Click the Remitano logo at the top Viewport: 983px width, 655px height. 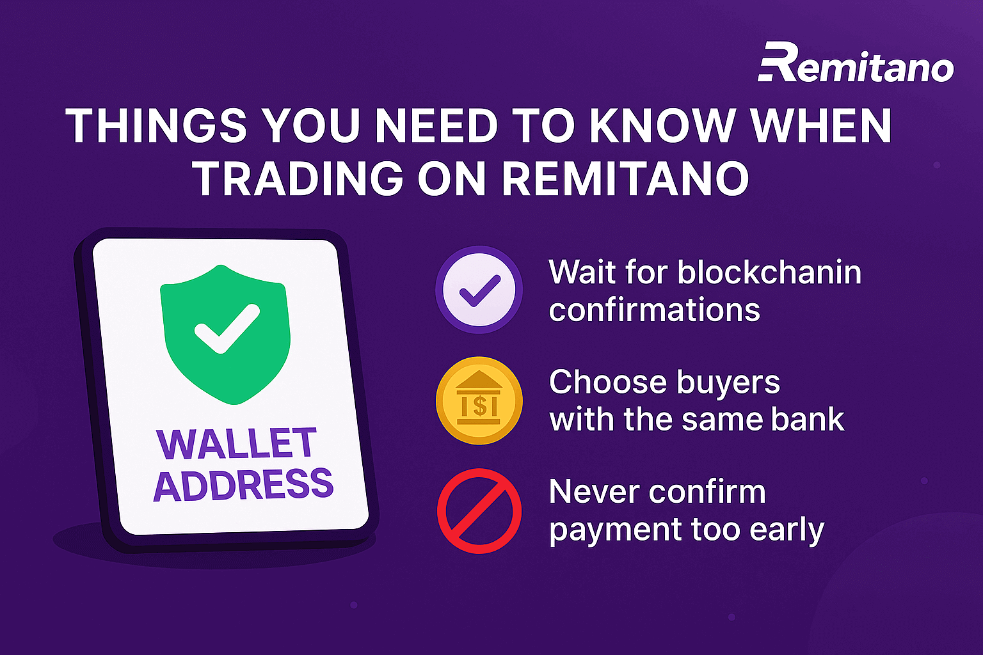click(x=856, y=62)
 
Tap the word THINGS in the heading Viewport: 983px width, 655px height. click(x=156, y=125)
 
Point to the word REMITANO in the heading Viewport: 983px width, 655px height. click(x=626, y=178)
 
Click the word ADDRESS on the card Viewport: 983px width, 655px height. click(x=244, y=484)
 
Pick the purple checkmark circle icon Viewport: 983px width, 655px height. click(x=479, y=290)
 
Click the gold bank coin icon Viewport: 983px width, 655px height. click(x=479, y=400)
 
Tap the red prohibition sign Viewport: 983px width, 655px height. click(x=479, y=511)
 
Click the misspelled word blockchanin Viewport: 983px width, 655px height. click(x=769, y=272)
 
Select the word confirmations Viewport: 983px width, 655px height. click(x=654, y=310)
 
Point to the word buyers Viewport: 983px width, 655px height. click(x=728, y=383)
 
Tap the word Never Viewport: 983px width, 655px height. click(x=592, y=493)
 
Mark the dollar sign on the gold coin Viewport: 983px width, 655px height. click(x=479, y=406)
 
